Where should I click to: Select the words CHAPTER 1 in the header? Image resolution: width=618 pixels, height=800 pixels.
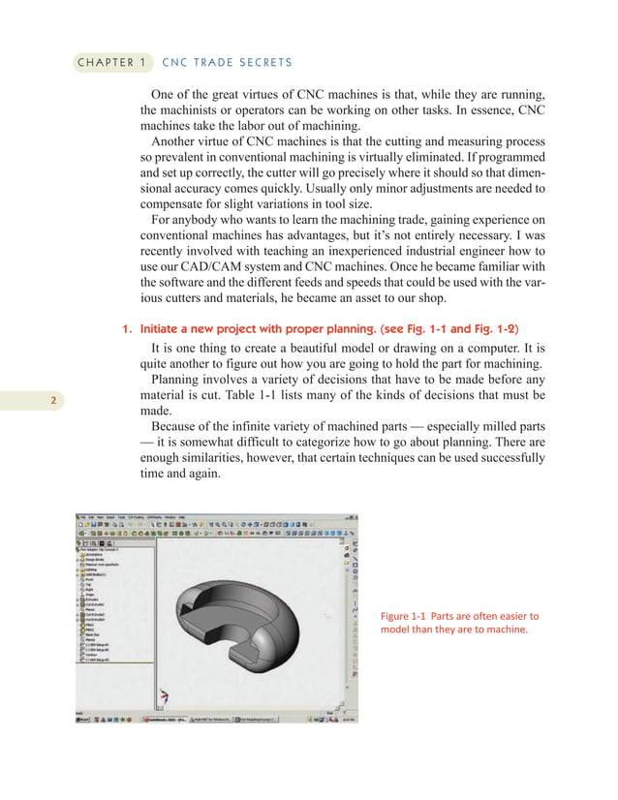(108, 63)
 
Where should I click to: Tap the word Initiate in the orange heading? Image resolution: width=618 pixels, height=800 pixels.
(161, 329)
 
